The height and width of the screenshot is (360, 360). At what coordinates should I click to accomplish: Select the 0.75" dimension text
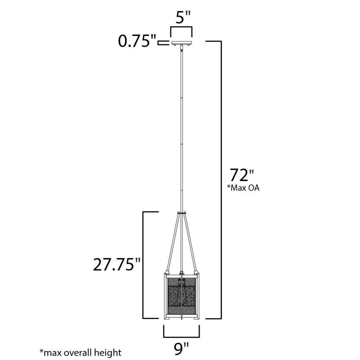[137, 41]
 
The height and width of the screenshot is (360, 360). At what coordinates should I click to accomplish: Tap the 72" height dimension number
[242, 175]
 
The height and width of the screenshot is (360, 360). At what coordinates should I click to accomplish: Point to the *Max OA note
[243, 188]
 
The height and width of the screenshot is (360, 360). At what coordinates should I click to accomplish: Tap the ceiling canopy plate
[181, 43]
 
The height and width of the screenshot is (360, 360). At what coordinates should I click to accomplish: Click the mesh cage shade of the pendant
[181, 296]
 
